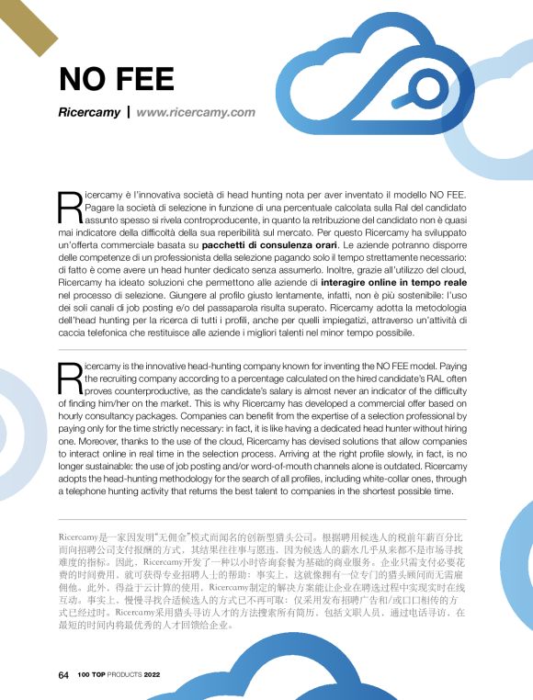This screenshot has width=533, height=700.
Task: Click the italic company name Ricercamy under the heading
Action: pos(88,112)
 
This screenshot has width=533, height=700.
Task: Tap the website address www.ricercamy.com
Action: pos(195,112)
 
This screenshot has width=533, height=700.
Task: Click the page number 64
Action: pos(63,674)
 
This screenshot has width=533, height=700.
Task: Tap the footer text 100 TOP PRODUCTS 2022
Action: pos(119,674)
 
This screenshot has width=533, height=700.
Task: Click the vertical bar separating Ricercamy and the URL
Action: pos(128,112)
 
